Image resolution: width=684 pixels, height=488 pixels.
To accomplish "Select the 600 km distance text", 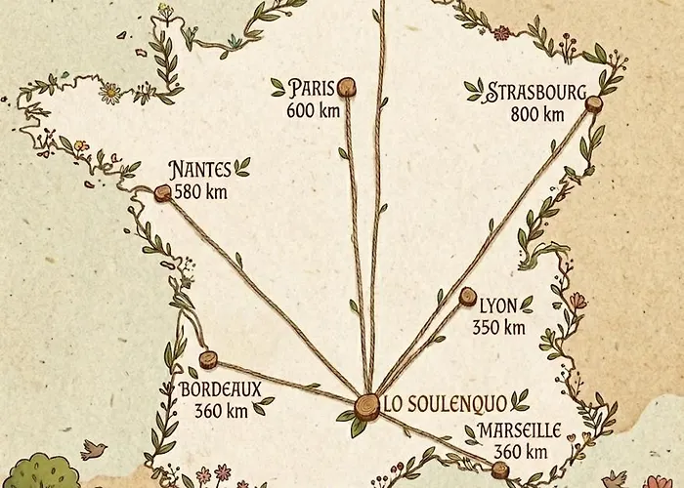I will click(314, 110).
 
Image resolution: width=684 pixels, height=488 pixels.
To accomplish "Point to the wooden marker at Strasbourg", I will click(593, 103).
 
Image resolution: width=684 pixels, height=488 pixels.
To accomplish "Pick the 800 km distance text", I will click(537, 114).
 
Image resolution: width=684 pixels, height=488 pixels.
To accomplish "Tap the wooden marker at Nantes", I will click(162, 193).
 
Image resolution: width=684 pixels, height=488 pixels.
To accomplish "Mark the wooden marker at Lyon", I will click(467, 296).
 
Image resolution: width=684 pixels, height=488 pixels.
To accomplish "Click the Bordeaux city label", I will click(221, 389).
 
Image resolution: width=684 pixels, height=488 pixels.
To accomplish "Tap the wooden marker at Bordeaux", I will click(207, 359).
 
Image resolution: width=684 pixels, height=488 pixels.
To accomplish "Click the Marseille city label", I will click(519, 430).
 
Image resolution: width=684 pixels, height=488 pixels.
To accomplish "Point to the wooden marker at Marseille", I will click(500, 470).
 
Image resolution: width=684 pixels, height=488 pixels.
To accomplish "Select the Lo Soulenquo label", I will click(445, 403).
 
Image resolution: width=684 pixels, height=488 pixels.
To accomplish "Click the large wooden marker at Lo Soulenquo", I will click(366, 405).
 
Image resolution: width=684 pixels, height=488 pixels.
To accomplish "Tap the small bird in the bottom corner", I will click(94, 449).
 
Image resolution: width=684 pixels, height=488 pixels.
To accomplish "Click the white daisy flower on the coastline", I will click(110, 93).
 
